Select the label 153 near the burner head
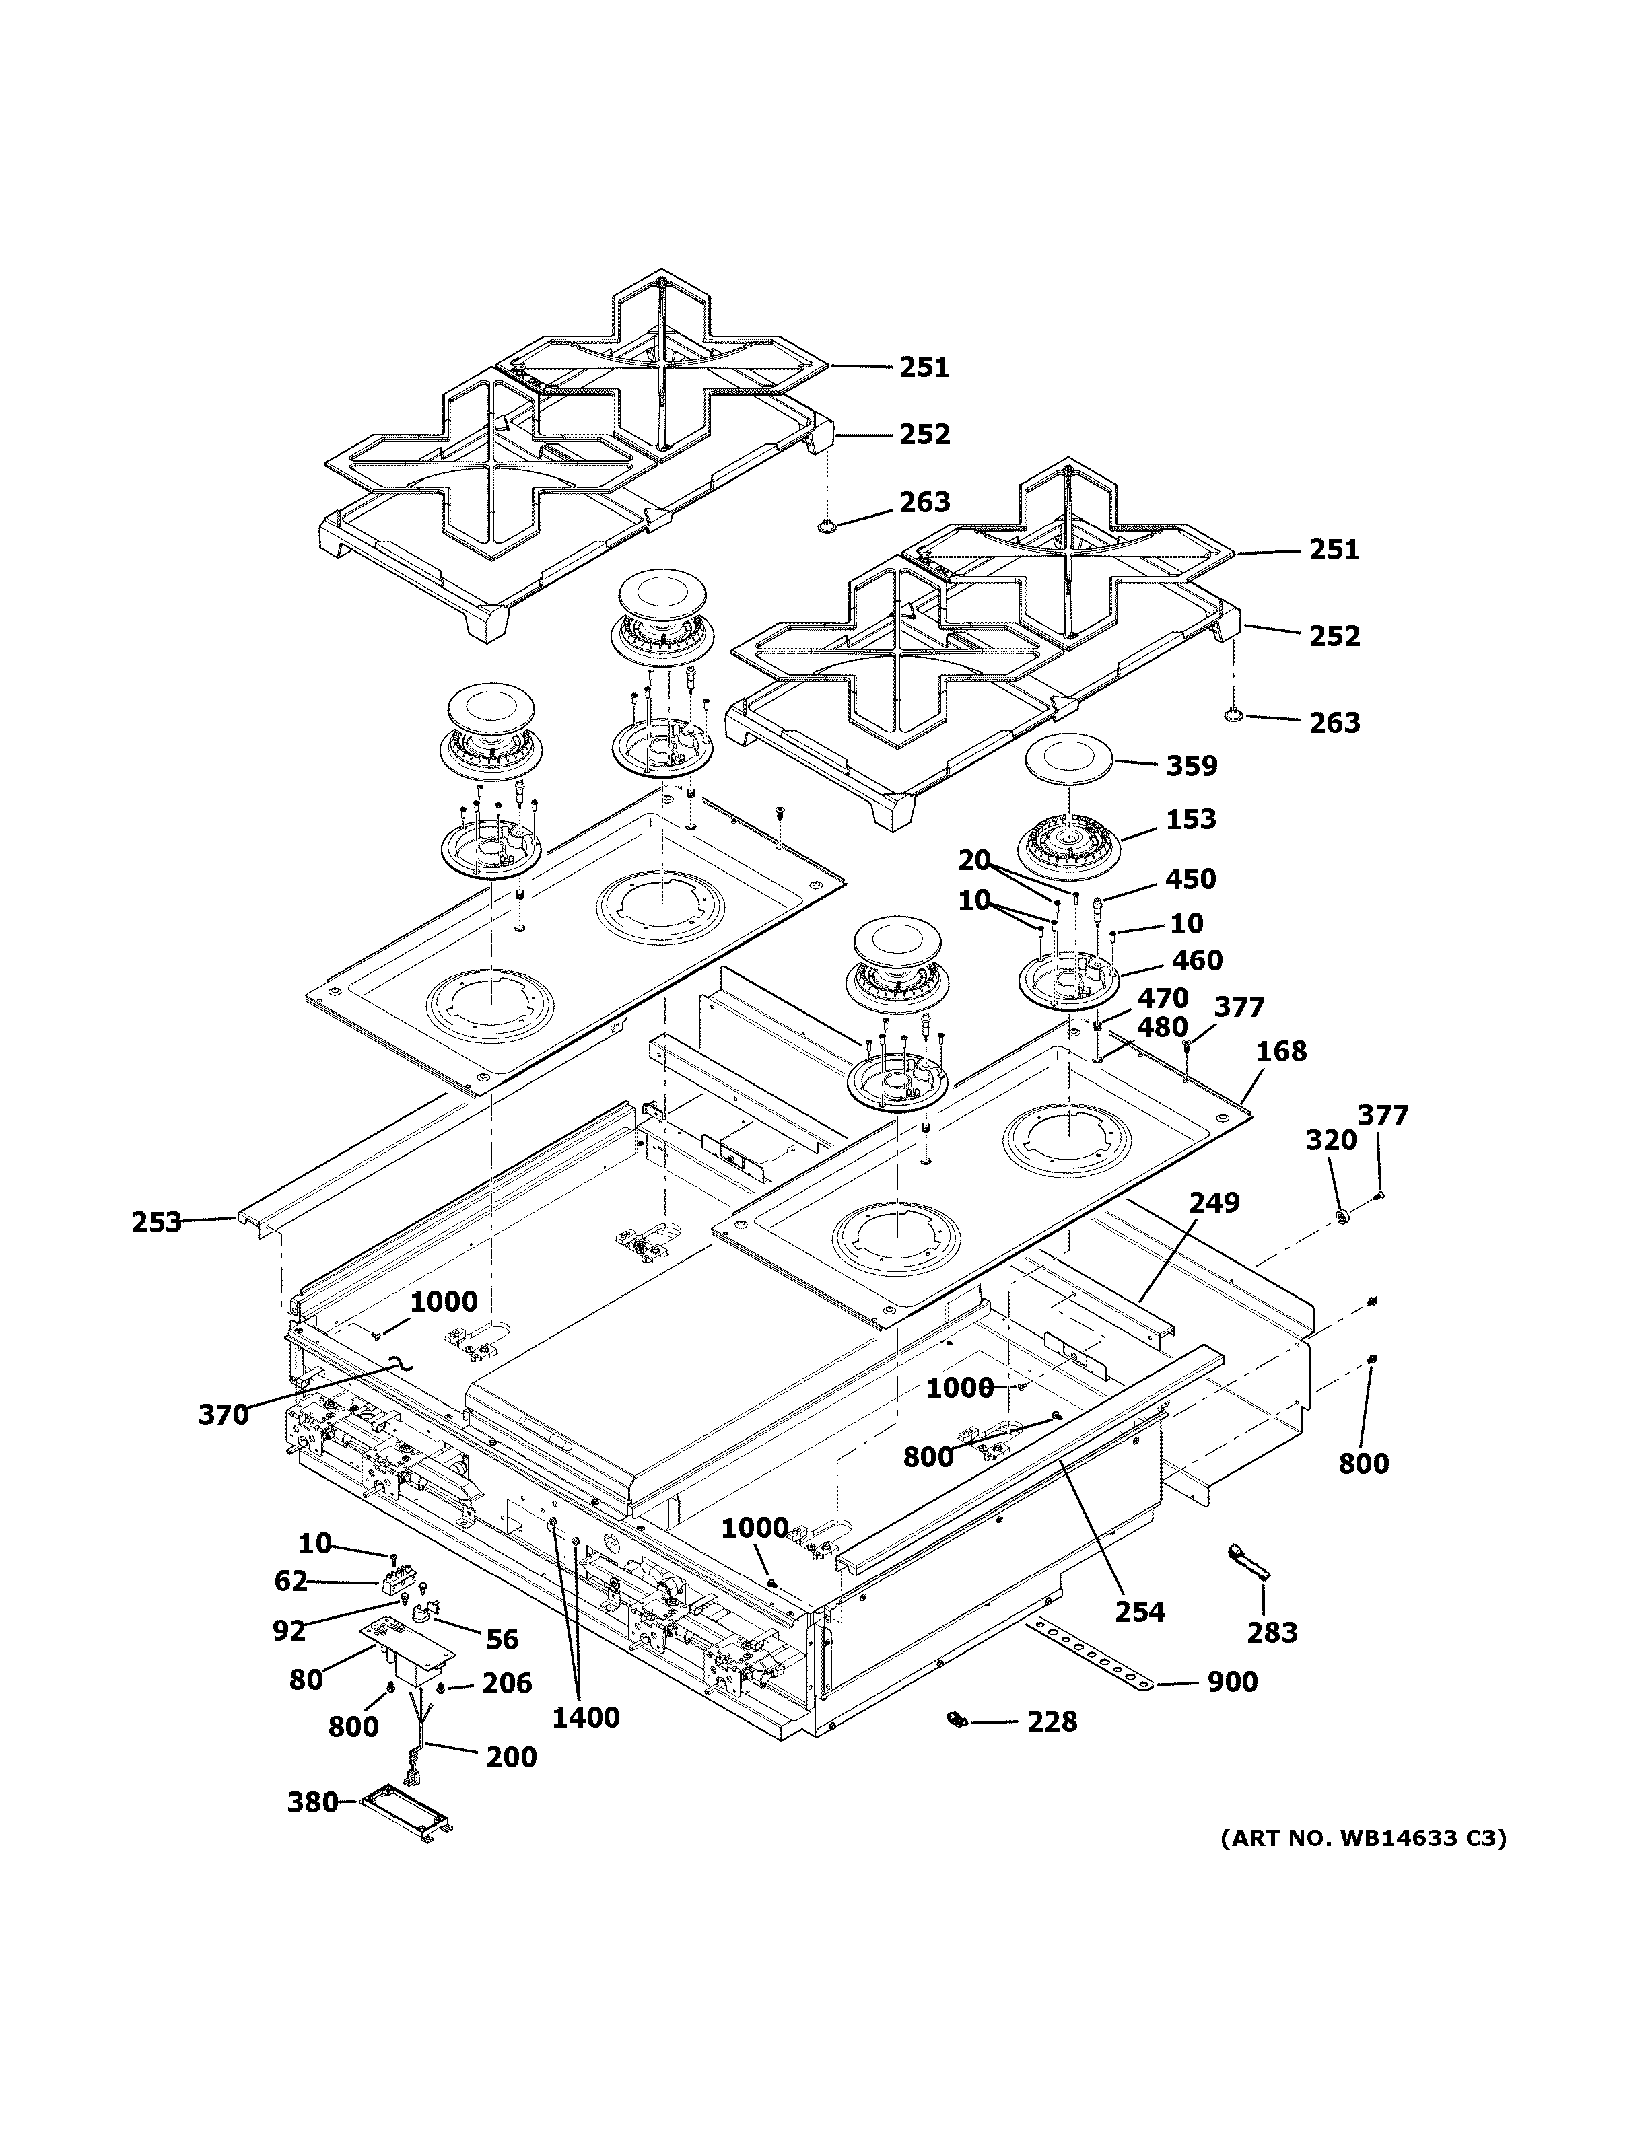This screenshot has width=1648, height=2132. click(x=1190, y=819)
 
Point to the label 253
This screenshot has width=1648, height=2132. click(x=156, y=1222)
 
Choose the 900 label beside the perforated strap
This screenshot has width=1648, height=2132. click(x=1232, y=1682)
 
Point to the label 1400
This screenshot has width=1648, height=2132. click(x=586, y=1718)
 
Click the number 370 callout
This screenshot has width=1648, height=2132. click(x=224, y=1415)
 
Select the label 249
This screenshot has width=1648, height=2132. click(x=1214, y=1203)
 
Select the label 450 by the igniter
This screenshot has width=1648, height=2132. click(x=1190, y=878)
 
